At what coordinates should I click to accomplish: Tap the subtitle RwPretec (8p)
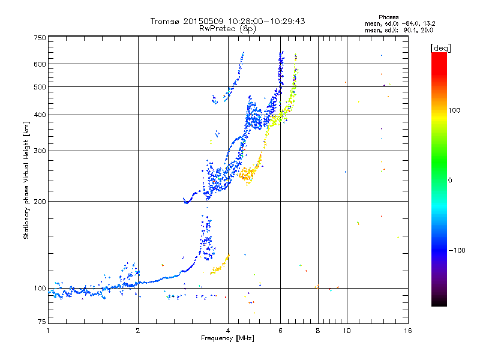(x=227, y=29)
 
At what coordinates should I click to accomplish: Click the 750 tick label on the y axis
(x=40, y=38)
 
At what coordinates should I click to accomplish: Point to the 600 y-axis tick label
(x=40, y=64)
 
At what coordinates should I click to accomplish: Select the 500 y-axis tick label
(x=40, y=87)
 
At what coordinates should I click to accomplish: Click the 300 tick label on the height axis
(x=40, y=151)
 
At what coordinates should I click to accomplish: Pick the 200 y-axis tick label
(x=40, y=202)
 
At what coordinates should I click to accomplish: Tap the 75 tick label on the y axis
(x=41, y=322)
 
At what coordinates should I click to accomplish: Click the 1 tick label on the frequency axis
(x=48, y=331)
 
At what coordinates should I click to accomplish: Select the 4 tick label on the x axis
(x=228, y=331)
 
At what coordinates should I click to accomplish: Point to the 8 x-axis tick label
(x=318, y=331)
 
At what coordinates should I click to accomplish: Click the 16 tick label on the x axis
(x=408, y=331)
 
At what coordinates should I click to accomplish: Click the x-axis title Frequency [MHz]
(x=227, y=338)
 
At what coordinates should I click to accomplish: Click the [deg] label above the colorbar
(x=440, y=48)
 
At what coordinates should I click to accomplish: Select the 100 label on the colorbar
(x=454, y=110)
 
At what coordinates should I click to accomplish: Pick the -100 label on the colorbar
(x=457, y=250)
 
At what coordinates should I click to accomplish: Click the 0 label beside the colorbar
(x=450, y=181)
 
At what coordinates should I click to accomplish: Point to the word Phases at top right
(x=388, y=17)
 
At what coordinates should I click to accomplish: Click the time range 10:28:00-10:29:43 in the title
(x=266, y=21)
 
